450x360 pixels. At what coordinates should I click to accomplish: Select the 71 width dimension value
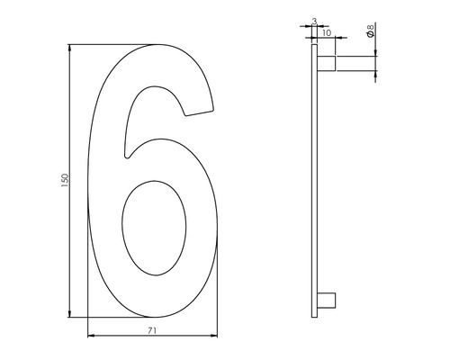tap(152, 331)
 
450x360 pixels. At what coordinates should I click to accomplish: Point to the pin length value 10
tap(326, 32)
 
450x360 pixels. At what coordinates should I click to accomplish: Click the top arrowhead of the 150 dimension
tap(70, 46)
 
